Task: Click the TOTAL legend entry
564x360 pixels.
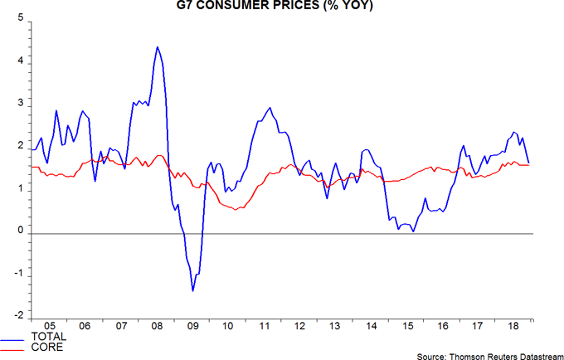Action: pos(47,337)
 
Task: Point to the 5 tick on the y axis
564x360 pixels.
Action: pos(19,19)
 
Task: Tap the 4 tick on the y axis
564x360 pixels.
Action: pos(19,62)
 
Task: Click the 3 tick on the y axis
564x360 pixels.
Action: pos(19,105)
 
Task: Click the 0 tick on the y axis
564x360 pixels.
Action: pos(19,233)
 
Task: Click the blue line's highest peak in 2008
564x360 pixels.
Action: pos(158,47)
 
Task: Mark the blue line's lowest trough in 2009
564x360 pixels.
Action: pos(193,290)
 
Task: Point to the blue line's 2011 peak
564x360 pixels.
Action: pos(270,108)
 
